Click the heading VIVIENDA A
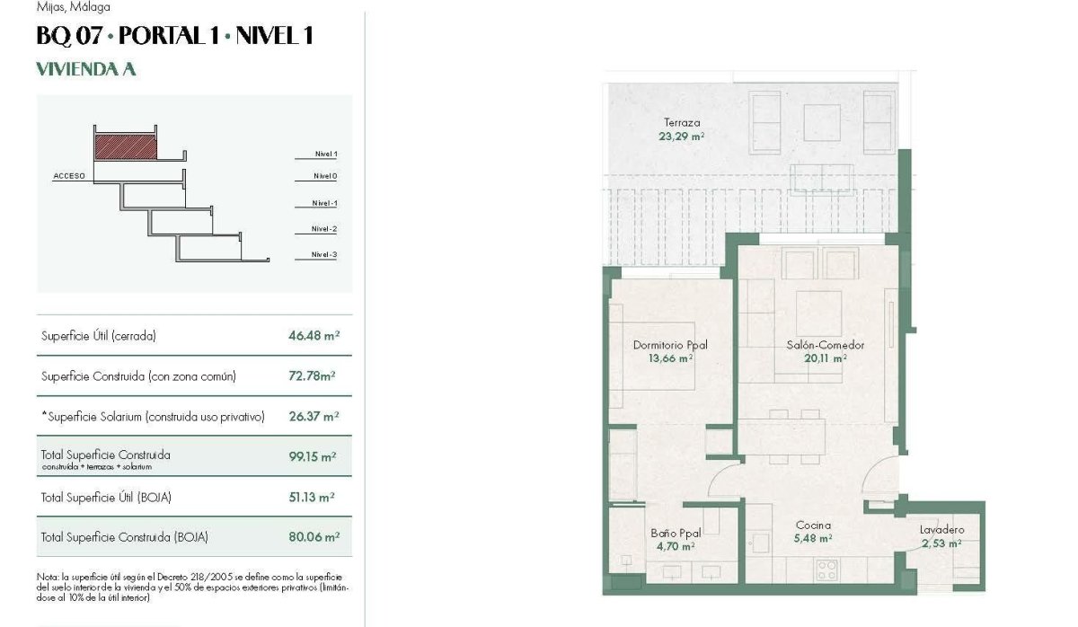(x=85, y=69)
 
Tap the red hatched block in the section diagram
(x=126, y=146)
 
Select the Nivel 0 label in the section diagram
(x=325, y=176)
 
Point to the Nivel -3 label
(x=324, y=255)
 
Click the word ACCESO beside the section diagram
(x=69, y=176)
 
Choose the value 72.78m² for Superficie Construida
(x=307, y=376)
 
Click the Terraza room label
(x=682, y=123)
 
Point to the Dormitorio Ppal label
(x=670, y=345)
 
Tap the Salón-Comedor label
(x=825, y=345)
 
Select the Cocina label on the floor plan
(x=813, y=525)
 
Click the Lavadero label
(x=941, y=530)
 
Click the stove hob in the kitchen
(x=826, y=569)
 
